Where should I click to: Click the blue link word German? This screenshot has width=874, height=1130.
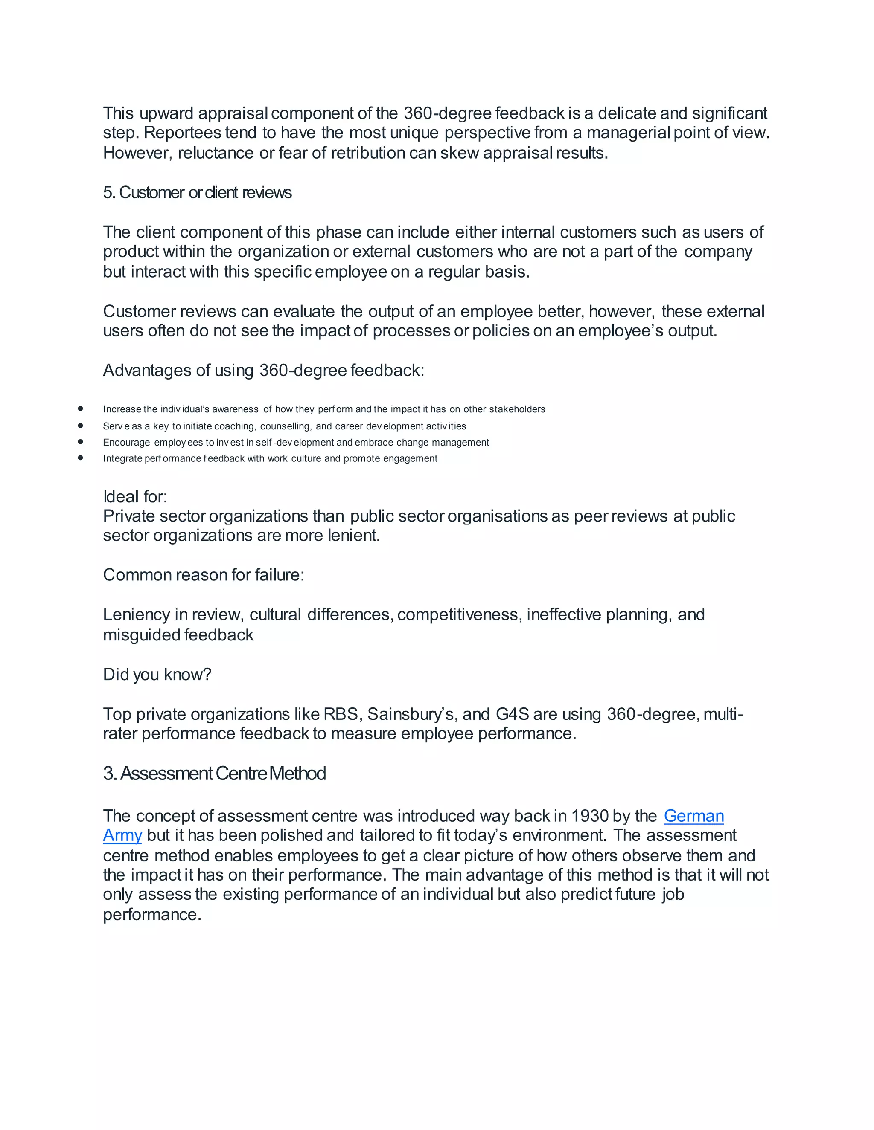pos(693,816)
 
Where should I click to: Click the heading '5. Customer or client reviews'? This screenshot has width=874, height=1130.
pos(197,192)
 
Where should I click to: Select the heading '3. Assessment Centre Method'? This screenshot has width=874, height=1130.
pos(214,774)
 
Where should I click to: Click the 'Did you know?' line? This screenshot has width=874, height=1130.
pos(157,674)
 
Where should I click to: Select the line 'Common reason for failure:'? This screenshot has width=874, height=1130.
pos(204,575)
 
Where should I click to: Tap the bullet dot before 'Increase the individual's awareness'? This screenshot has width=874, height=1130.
pos(81,409)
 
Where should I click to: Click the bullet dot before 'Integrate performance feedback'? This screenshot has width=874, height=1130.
pos(81,458)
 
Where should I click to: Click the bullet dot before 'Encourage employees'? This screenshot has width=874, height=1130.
pos(81,442)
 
